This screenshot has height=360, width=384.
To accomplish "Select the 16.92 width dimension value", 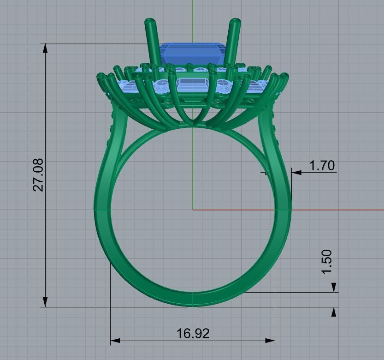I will tap(193, 333).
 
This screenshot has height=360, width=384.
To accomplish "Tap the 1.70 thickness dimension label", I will tap(322, 166).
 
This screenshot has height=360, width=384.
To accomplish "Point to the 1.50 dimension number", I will tap(327, 262).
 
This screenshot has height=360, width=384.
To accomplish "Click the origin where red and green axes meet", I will tap(193, 210).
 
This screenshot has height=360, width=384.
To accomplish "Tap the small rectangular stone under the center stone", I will tap(193, 85).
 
